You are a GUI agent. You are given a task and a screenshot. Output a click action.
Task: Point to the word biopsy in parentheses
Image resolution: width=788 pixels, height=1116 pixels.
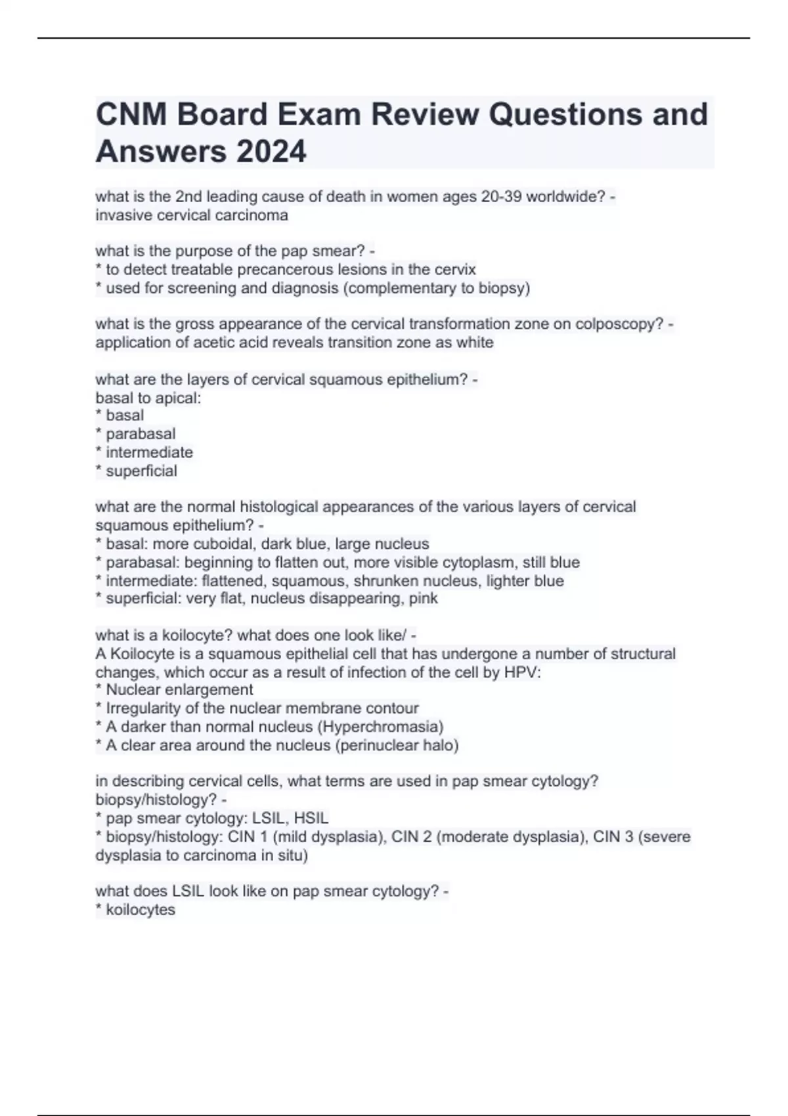tap(502, 288)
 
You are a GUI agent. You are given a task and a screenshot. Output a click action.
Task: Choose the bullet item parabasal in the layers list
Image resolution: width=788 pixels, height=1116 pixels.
tap(141, 434)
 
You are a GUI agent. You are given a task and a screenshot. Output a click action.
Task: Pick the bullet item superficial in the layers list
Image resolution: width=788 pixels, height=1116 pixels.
tap(141, 471)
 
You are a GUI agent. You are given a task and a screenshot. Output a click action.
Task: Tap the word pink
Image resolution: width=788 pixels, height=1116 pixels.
tap(423, 599)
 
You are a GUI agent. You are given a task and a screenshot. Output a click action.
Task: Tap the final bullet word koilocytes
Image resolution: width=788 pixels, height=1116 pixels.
tap(141, 910)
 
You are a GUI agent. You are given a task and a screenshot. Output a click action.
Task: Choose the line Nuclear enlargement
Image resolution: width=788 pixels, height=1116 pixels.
tap(179, 690)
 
